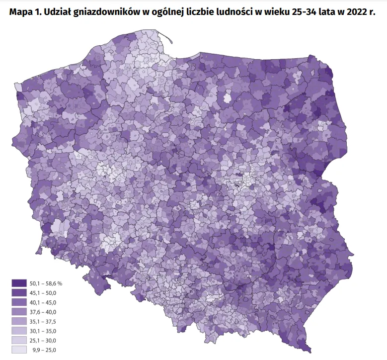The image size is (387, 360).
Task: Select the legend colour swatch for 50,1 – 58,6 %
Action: (19, 283)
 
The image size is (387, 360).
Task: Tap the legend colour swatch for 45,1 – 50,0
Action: (19, 292)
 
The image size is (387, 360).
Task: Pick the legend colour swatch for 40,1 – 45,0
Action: (19, 302)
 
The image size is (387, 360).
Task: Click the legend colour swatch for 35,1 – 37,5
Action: (19, 321)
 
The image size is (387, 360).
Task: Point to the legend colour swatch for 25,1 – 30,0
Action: (19, 341)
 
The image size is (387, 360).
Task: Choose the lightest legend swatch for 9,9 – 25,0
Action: (19, 350)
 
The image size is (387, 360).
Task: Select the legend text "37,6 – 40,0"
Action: (43, 312)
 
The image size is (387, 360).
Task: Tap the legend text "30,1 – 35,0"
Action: (43, 331)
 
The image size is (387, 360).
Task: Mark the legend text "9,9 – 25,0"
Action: (44, 350)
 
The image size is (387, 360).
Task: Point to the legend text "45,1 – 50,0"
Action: (43, 292)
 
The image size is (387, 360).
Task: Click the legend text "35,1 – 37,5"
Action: (43, 321)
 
